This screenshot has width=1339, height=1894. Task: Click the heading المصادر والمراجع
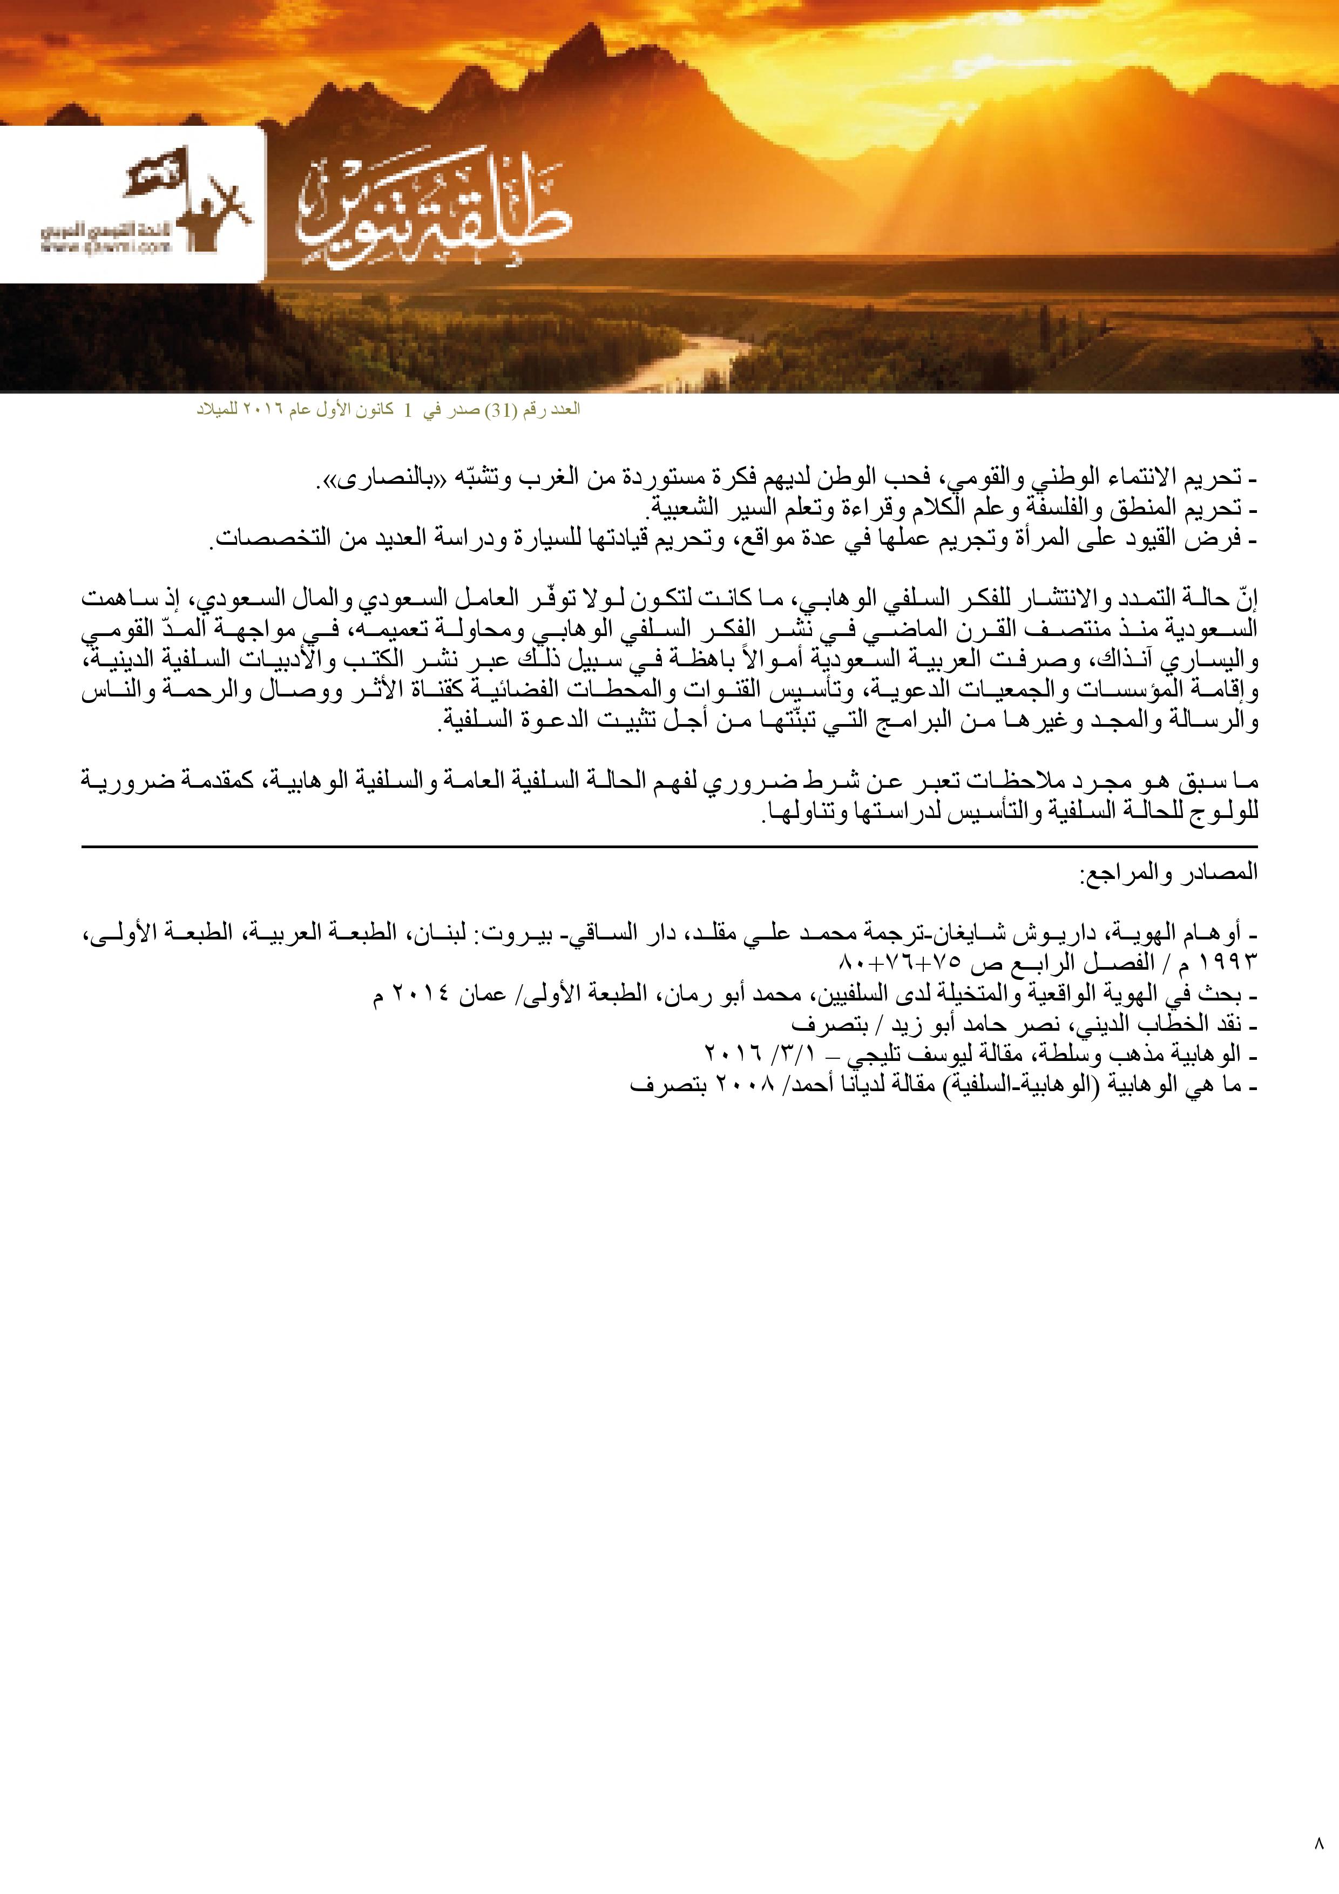1167,872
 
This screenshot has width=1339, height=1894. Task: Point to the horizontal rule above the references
669,847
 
